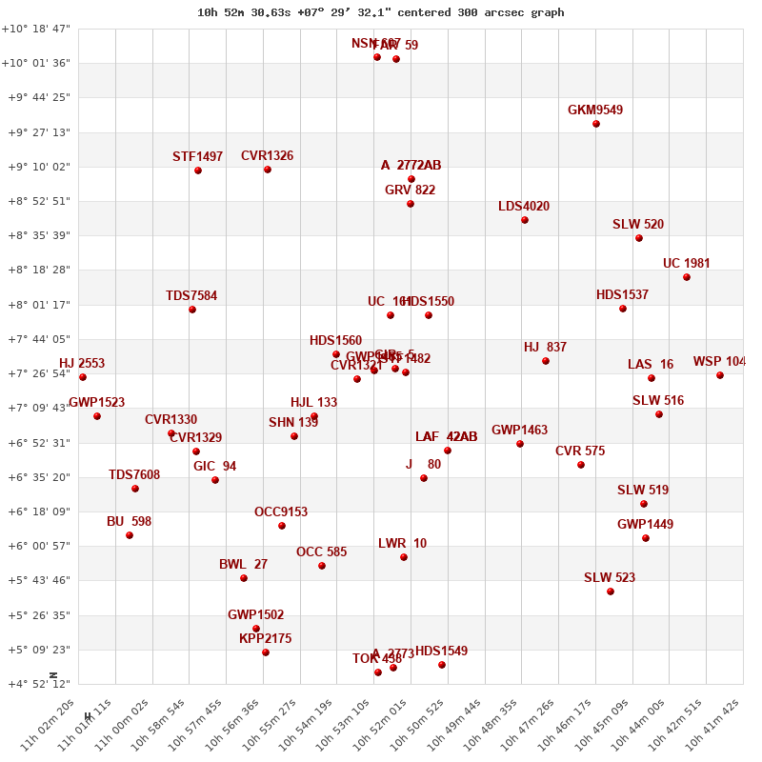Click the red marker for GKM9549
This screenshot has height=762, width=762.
pos(596,124)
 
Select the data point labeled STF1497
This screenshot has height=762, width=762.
pos(198,170)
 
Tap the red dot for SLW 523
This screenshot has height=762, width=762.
pos(611,592)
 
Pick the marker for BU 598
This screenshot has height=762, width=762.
pos(130,535)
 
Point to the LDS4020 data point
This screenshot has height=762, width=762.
pos(525,220)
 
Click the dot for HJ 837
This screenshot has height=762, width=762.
pos(546,361)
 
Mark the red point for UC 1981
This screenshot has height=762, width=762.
pos(687,277)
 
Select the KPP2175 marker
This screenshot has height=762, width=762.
pos(266,652)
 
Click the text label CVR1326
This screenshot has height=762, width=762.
pos(267,156)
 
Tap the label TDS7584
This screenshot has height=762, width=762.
pos(191,296)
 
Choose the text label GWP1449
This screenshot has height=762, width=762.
pos(645,525)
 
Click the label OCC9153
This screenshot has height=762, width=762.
pos(281,512)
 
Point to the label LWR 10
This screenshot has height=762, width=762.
pos(402,544)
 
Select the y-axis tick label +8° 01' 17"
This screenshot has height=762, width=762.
pos(39,305)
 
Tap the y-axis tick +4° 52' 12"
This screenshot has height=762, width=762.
pos(39,684)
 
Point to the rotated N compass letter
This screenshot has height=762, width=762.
pos(54,675)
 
